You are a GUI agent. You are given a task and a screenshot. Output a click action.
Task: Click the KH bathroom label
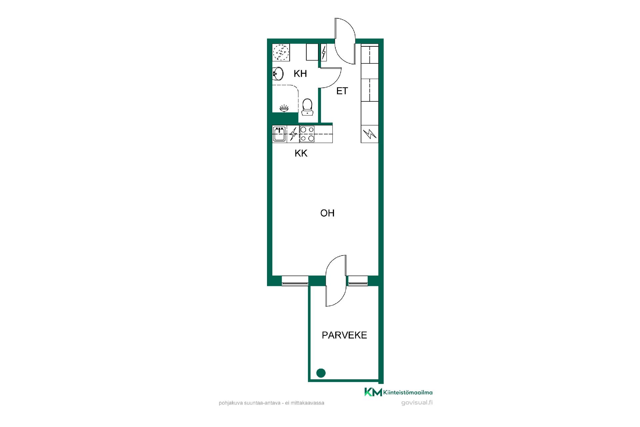click(300, 74)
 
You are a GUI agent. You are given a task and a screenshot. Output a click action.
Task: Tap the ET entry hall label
click(342, 91)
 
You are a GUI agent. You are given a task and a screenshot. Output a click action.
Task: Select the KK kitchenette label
click(301, 153)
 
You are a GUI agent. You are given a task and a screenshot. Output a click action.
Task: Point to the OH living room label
click(327, 213)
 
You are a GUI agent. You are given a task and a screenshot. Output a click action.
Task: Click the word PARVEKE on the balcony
click(344, 335)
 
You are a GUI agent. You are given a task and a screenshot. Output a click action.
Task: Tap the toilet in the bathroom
click(307, 107)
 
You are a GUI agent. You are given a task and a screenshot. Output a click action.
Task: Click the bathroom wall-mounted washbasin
click(277, 74)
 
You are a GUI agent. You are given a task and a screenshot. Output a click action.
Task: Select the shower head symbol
click(284, 108)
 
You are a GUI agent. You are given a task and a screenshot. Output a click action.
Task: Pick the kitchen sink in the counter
click(279, 134)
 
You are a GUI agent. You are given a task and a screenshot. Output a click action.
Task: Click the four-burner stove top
click(307, 134)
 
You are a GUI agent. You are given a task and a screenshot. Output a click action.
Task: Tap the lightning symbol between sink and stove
click(293, 134)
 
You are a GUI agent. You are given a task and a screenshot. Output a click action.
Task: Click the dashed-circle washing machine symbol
click(281, 53)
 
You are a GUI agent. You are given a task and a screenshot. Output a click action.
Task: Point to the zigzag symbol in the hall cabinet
click(370, 134)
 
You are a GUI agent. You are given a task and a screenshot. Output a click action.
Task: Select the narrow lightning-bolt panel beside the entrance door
click(323, 52)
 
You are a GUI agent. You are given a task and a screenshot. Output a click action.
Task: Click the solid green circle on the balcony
click(321, 373)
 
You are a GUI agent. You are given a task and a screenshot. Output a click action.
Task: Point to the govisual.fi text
click(417, 403)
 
